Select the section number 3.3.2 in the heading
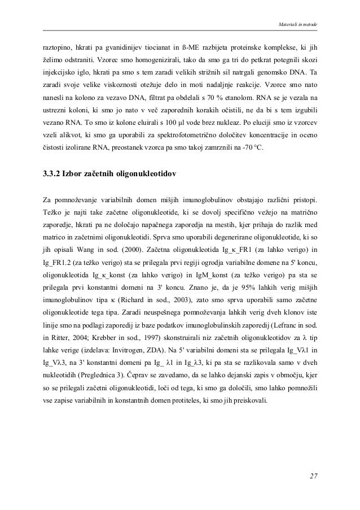(55, 174)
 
